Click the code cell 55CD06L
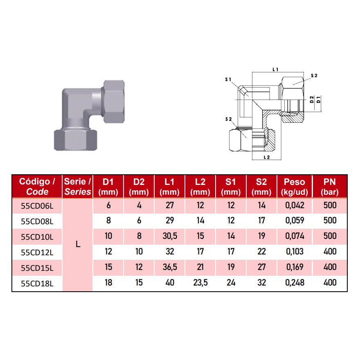point(37,205)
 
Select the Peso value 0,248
point(295,283)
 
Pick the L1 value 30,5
point(170,236)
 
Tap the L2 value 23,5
point(200,283)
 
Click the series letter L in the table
point(78,244)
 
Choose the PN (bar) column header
point(329,187)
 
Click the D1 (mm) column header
point(108,187)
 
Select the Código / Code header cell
point(37,187)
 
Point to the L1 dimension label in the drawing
point(276,70)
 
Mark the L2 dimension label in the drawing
point(267,157)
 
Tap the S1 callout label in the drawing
point(228,79)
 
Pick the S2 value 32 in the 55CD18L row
point(262,283)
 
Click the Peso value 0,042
point(295,205)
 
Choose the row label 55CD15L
point(37,268)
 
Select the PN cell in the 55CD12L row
point(329,252)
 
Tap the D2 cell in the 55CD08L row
point(139,221)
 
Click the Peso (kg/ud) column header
point(295,187)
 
